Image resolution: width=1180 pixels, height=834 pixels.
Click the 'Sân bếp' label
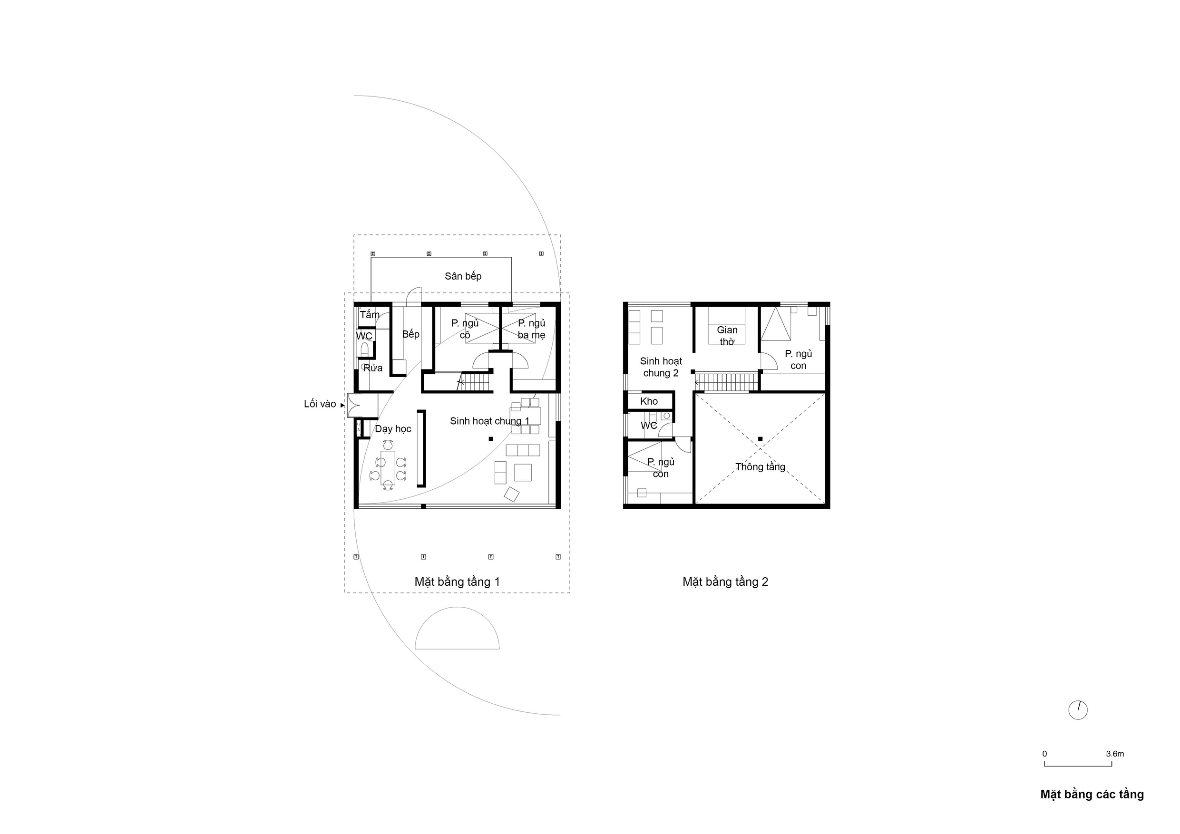463,276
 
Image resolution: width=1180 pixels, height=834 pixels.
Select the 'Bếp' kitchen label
410,335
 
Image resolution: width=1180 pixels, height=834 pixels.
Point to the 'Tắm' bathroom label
370,314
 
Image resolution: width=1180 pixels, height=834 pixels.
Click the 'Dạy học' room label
393,429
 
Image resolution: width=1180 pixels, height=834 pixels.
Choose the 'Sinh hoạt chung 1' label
489,421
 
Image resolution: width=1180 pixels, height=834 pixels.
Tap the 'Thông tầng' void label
760,467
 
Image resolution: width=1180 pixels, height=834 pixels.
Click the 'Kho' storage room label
649,401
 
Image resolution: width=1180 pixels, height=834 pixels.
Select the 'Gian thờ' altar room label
727,336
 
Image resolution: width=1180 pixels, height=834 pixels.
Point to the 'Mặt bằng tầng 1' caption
457,582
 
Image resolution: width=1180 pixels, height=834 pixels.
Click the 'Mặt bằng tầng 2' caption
725,582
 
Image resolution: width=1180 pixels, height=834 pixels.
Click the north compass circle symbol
1078,710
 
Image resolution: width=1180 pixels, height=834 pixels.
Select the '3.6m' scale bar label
1115,754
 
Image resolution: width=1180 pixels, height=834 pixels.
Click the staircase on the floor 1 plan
475,382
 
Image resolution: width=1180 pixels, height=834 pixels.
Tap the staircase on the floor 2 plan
726,382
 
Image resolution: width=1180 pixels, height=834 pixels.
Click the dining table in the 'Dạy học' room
388,467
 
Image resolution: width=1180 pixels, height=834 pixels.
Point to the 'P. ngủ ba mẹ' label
531,330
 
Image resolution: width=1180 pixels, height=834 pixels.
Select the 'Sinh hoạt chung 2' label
661,368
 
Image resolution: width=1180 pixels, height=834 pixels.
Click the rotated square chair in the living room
512,494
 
